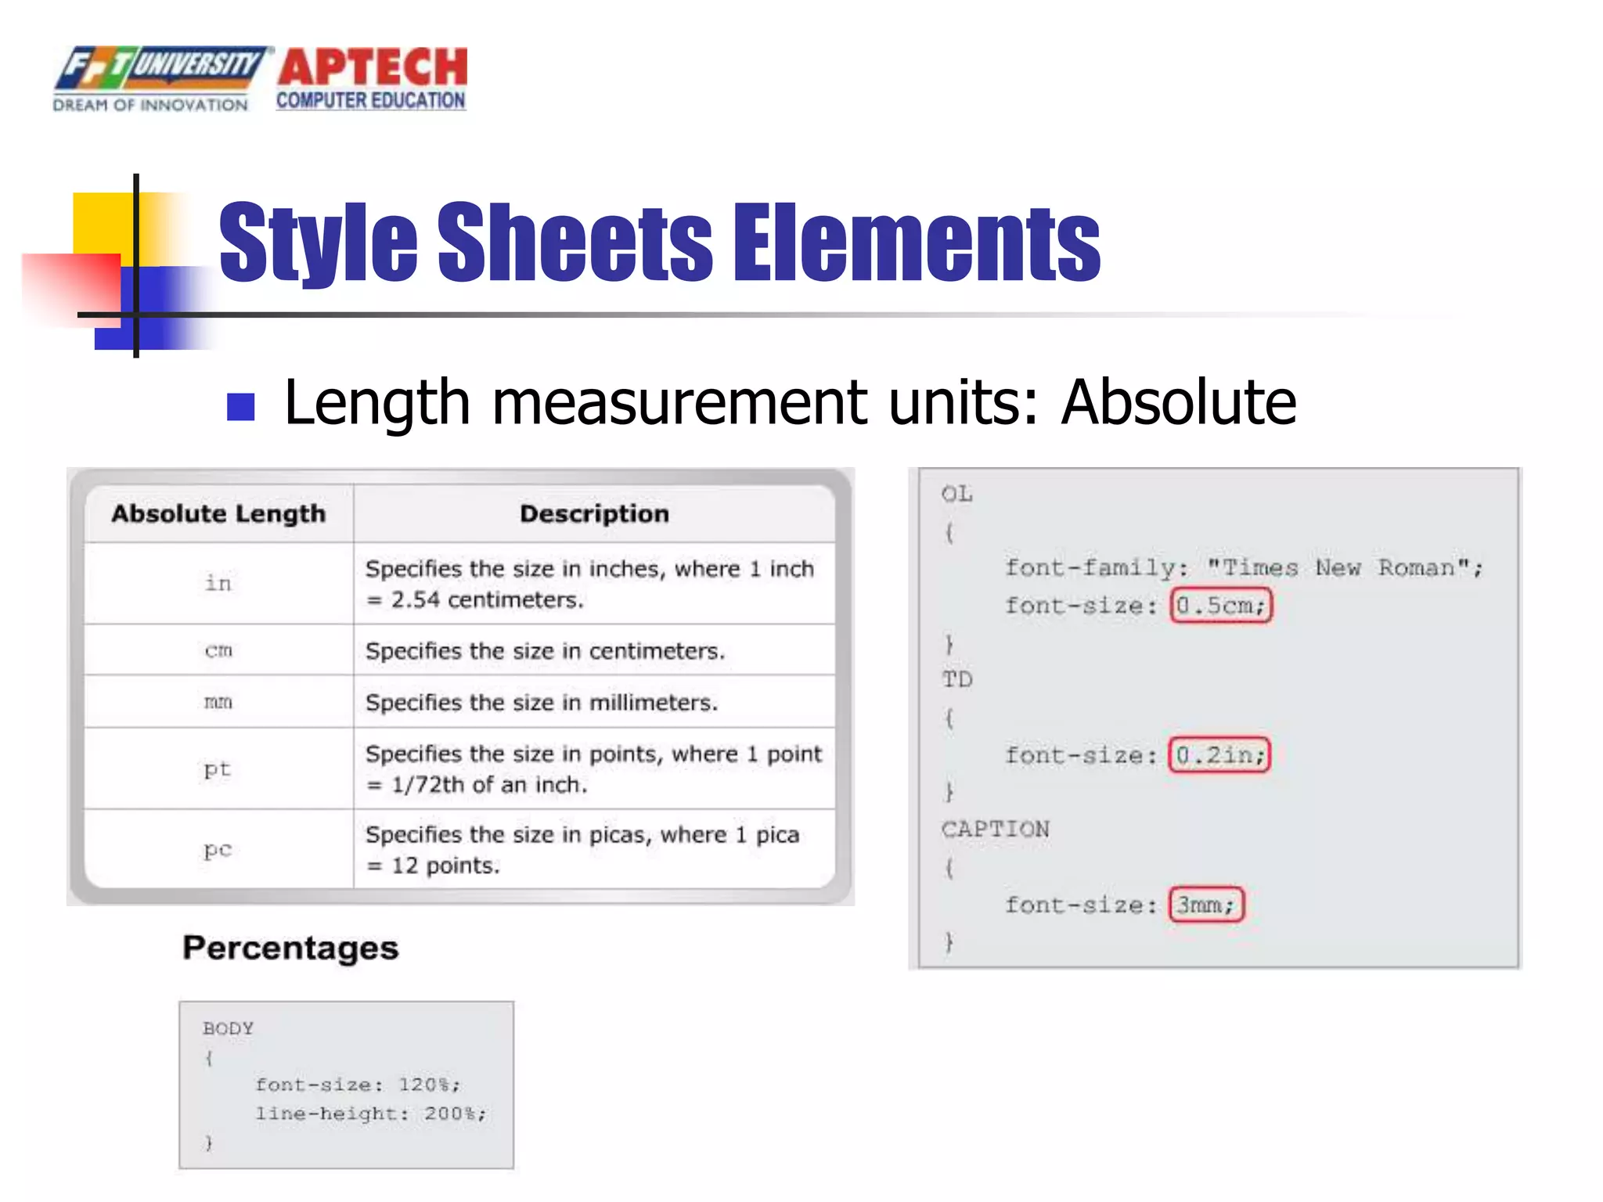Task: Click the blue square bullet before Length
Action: tap(240, 406)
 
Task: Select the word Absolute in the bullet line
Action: tap(1178, 402)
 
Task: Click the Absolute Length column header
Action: tap(218, 514)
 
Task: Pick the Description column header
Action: tap(594, 514)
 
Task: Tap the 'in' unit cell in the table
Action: tap(218, 583)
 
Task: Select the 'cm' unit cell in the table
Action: tap(218, 650)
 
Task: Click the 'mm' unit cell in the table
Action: tap(218, 702)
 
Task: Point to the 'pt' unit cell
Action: tap(218, 769)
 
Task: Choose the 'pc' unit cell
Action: tap(218, 849)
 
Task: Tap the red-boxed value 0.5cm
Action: tap(1221, 606)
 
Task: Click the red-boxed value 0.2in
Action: tap(1219, 755)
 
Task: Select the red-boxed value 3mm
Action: tap(1205, 905)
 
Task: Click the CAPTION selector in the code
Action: tap(995, 830)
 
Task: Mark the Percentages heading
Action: tap(290, 948)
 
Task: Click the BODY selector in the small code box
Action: tap(228, 1028)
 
